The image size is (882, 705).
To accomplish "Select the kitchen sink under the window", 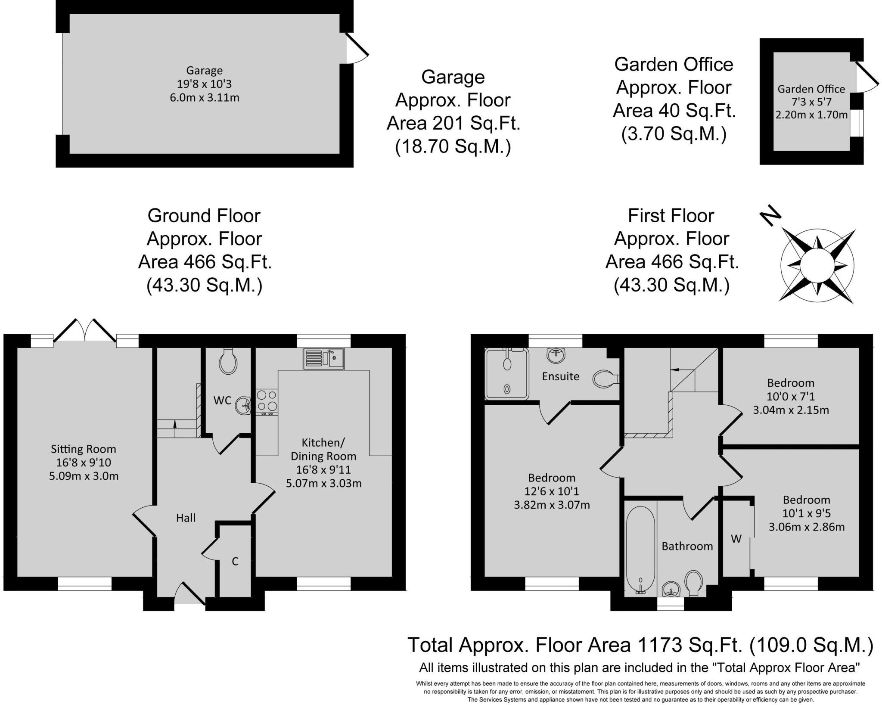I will click(323, 359).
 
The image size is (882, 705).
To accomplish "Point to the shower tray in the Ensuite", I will click(507, 373).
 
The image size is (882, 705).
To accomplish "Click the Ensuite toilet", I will click(605, 379).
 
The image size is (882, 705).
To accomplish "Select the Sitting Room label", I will click(84, 449).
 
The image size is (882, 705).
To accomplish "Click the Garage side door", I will click(357, 48).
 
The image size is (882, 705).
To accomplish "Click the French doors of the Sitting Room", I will click(85, 331).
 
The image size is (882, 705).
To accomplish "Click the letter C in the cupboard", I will click(235, 562).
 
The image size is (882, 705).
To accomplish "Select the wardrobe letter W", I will click(736, 539).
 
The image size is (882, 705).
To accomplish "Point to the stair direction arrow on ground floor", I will click(175, 423).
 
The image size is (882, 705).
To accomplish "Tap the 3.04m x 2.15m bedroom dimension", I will click(791, 410).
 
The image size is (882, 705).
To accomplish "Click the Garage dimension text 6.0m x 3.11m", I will click(205, 98).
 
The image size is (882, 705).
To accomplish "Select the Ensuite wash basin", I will click(556, 355).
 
